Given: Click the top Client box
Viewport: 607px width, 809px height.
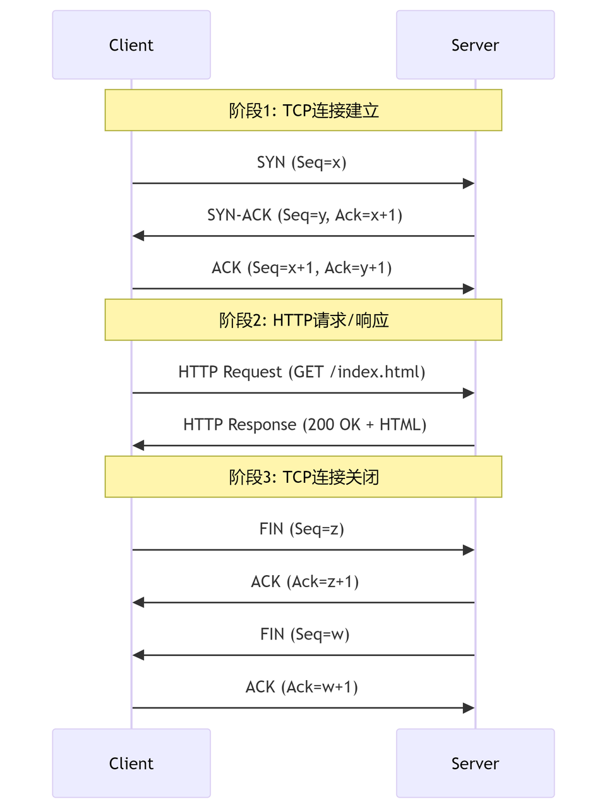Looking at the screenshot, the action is click(x=131, y=45).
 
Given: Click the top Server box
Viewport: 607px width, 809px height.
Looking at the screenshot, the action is click(x=475, y=45).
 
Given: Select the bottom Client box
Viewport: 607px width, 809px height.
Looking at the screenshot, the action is click(x=131, y=763).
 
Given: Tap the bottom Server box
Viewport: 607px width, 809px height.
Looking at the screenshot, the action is click(x=475, y=763).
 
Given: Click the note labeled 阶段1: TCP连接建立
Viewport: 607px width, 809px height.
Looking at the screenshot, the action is click(x=303, y=110).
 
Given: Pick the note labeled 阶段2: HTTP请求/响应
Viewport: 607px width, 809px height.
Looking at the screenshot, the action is click(x=303, y=320).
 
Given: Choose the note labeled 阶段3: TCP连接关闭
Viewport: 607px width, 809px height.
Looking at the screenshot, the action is click(x=303, y=477).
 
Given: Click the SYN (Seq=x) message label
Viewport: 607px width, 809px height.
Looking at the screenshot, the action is click(x=302, y=162).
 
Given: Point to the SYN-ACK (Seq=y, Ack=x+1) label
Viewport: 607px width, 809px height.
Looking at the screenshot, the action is click(x=304, y=216).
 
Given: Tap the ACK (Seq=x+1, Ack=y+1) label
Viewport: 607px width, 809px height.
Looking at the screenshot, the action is click(x=302, y=268).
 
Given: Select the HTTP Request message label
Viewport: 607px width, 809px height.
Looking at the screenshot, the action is click(x=302, y=372).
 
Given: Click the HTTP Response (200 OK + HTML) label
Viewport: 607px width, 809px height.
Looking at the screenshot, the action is click(x=304, y=425).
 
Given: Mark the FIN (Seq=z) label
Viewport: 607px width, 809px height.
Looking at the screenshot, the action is click(x=302, y=529).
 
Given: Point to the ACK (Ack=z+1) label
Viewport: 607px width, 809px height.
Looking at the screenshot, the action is click(x=304, y=582).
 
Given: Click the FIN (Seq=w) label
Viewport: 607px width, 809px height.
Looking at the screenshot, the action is click(x=304, y=635).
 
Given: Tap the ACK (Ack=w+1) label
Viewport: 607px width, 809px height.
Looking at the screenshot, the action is click(x=302, y=687).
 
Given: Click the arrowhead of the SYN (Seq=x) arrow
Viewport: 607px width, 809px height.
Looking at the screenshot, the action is click(x=469, y=183).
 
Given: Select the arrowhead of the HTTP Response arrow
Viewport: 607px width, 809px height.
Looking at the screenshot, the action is click(x=138, y=446).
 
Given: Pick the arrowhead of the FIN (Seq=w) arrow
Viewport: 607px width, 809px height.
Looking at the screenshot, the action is click(x=138, y=655).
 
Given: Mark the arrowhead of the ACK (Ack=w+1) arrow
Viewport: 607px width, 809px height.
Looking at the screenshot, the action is click(x=469, y=708).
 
